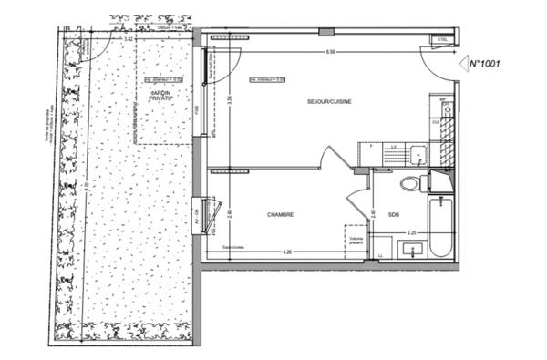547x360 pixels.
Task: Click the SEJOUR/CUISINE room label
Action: tap(329, 101)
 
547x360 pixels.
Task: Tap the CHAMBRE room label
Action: tap(280, 215)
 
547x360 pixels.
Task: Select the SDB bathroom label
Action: tap(394, 215)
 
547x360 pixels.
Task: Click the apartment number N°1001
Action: tap(486, 64)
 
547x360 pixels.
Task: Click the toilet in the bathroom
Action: tap(410, 182)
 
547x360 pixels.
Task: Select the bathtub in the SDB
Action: tap(439, 228)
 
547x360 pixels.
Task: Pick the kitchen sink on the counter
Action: tap(414, 153)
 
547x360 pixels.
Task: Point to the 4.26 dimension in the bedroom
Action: tap(288, 251)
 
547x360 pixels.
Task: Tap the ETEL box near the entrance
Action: tap(443, 41)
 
